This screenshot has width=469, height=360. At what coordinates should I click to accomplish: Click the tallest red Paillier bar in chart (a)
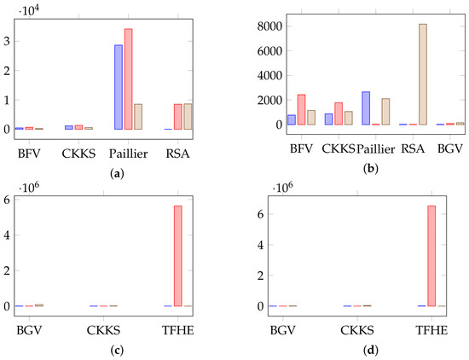click(x=128, y=79)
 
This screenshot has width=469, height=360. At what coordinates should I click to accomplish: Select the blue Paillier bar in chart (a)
click(x=119, y=87)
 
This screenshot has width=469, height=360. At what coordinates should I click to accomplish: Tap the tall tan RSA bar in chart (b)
click(x=423, y=74)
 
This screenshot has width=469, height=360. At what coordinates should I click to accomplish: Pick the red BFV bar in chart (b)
click(x=301, y=109)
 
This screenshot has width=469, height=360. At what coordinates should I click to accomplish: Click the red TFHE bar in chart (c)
click(x=178, y=256)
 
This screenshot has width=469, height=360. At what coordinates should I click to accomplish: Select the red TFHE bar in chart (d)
click(x=431, y=256)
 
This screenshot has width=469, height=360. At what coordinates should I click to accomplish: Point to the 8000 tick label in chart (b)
click(x=269, y=26)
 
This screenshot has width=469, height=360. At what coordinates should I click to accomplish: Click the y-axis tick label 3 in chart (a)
click(x=7, y=41)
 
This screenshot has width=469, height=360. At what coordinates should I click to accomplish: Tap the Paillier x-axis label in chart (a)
click(x=128, y=154)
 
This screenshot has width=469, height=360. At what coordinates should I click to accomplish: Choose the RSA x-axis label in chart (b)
click(x=413, y=148)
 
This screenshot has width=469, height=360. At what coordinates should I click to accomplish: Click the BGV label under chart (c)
click(x=29, y=330)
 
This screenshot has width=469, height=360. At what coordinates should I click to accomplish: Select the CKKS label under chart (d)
click(x=357, y=330)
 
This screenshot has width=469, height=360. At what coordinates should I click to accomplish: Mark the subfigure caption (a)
click(x=117, y=173)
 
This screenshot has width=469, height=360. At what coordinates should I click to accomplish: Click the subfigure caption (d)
click(x=371, y=350)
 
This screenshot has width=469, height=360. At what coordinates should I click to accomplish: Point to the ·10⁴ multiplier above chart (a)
click(x=29, y=10)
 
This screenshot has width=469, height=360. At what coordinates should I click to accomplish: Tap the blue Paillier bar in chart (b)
click(x=366, y=108)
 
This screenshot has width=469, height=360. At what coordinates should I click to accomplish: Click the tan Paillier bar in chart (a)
click(x=138, y=117)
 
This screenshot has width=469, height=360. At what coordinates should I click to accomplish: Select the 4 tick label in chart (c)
click(x=7, y=235)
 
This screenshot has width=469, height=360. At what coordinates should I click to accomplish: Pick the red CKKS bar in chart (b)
click(x=339, y=113)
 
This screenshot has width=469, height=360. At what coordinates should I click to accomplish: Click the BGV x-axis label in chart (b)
click(x=450, y=148)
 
